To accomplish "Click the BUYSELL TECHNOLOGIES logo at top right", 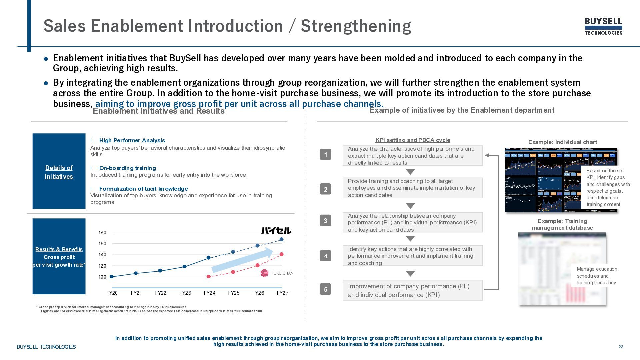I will (x=603, y=26).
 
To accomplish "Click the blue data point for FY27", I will (x=281, y=239).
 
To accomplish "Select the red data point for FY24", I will (x=209, y=277).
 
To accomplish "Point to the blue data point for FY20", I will (x=112, y=277).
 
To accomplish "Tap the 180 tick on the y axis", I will (x=102, y=233).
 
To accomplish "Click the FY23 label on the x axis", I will (x=185, y=293).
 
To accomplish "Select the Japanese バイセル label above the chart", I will (x=276, y=231).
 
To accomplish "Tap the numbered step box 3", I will (x=325, y=221).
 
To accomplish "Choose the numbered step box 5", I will (x=325, y=289).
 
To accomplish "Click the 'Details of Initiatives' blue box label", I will (x=59, y=172).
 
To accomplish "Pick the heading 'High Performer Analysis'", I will (x=132, y=141).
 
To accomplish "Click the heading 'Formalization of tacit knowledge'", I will (x=143, y=189).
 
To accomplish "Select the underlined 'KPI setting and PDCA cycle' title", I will (x=413, y=140).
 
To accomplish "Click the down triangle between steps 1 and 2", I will (x=410, y=172).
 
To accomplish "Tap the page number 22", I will (x=621, y=347).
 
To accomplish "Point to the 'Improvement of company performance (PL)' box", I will (x=412, y=290).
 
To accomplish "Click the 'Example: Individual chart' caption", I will (x=562, y=142).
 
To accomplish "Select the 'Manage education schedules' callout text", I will (x=597, y=276).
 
